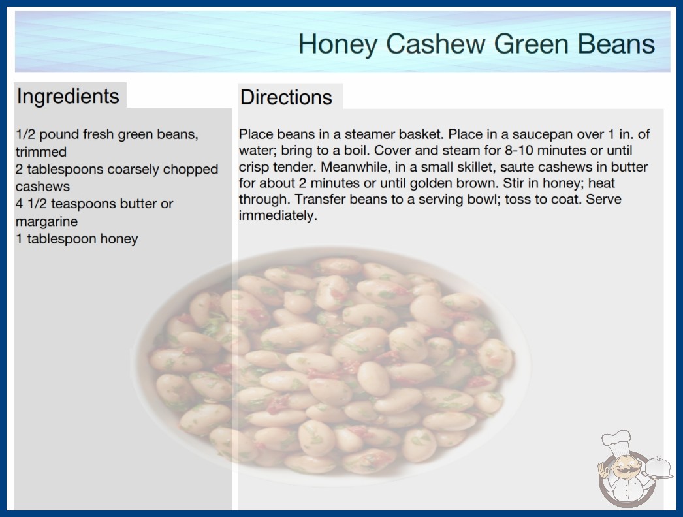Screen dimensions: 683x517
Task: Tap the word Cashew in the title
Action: [x=435, y=44]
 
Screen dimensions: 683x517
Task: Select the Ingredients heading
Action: [x=68, y=97]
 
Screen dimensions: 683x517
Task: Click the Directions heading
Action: [x=286, y=97]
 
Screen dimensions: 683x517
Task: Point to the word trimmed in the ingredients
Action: [x=41, y=151]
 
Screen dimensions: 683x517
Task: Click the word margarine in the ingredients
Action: [x=46, y=221]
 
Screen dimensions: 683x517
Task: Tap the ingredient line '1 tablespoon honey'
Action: [x=76, y=239]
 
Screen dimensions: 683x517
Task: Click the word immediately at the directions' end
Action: [x=278, y=215]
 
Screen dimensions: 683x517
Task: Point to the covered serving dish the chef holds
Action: [x=658, y=468]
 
